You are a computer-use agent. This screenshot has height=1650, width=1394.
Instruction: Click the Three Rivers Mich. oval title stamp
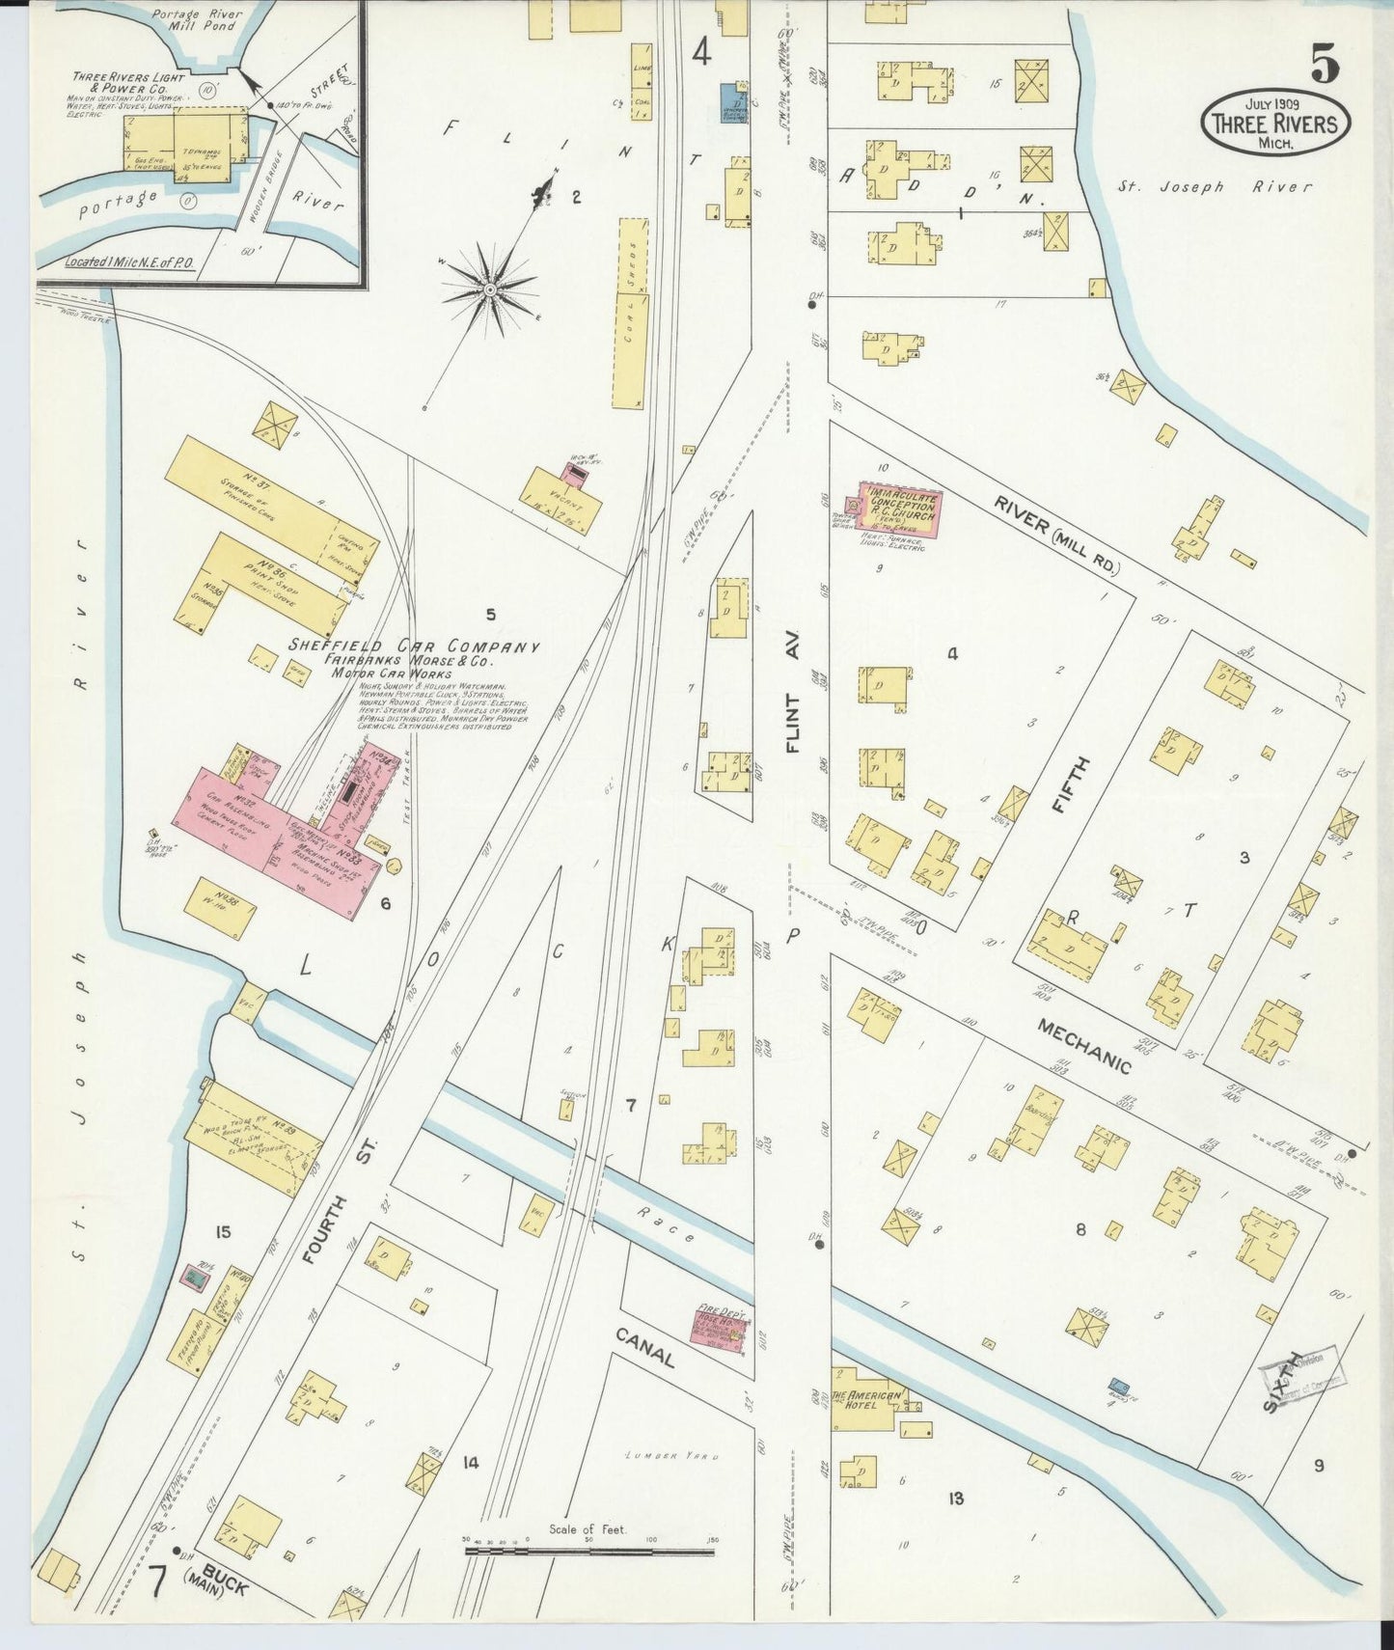(x=1274, y=123)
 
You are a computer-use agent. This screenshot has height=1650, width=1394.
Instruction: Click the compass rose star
(x=489, y=289)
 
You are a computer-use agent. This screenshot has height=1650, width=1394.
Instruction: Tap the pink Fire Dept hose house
(x=722, y=1328)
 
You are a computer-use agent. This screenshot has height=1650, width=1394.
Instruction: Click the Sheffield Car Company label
(x=414, y=647)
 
